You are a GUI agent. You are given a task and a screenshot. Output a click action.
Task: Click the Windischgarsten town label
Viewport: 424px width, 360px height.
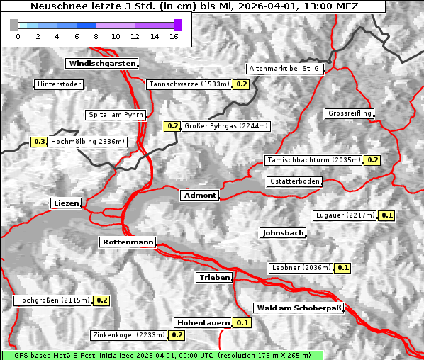(x=101, y=64)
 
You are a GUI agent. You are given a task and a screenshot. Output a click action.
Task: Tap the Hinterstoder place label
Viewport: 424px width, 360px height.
(x=59, y=84)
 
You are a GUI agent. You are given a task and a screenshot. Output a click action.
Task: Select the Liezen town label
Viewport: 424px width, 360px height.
(x=66, y=203)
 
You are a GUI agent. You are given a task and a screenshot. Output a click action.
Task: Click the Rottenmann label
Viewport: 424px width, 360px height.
(x=128, y=242)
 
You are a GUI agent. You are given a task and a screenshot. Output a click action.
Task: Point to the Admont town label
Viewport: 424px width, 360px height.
(x=199, y=195)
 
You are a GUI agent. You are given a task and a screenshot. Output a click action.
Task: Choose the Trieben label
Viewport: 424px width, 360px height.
(x=214, y=278)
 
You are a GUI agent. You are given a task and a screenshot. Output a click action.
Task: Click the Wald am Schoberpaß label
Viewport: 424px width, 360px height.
(x=299, y=308)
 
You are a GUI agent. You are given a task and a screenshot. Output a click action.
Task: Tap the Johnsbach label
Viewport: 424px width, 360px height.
(x=283, y=232)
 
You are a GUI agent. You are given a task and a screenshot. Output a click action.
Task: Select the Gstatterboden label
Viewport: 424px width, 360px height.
(x=295, y=181)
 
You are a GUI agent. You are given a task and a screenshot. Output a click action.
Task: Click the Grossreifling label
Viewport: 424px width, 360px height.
(x=350, y=113)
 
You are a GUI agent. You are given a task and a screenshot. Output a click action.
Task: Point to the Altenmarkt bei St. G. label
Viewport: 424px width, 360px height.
(x=286, y=69)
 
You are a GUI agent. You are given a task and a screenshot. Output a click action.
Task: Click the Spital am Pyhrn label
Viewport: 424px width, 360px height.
(x=116, y=115)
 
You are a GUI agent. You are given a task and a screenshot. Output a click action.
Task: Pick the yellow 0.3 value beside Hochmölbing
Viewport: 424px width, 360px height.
(x=39, y=142)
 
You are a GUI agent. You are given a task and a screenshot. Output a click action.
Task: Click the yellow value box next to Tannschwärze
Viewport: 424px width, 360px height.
(x=242, y=84)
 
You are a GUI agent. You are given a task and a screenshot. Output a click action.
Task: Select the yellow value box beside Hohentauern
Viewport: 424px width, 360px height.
(x=242, y=322)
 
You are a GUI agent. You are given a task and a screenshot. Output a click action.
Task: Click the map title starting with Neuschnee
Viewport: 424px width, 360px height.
(x=194, y=6)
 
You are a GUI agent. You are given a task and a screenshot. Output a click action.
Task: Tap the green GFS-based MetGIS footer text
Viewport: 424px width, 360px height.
(x=162, y=355)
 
